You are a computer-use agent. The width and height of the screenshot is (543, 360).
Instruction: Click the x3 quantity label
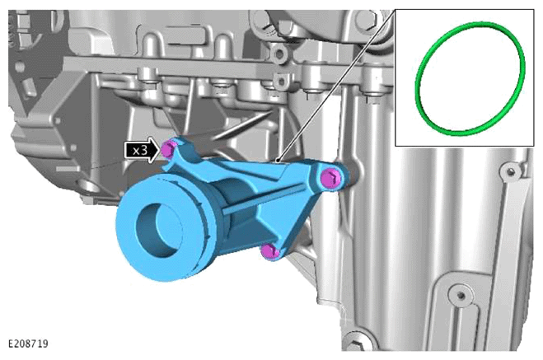(x=140, y=150)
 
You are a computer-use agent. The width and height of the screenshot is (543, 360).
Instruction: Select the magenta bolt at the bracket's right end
(x=330, y=179)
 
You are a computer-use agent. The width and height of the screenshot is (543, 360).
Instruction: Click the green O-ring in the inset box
(x=418, y=80)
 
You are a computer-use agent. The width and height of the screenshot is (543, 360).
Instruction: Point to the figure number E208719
(x=28, y=344)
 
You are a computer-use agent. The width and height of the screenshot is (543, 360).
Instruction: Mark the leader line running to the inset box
(x=335, y=86)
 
